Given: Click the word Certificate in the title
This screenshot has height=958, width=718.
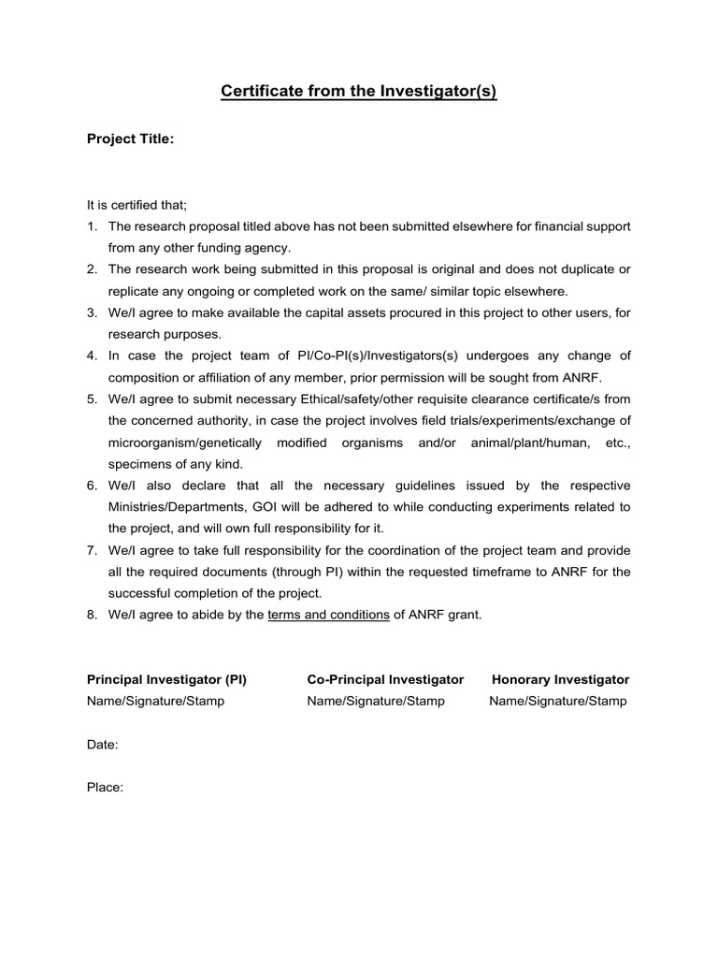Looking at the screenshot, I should coord(254,92).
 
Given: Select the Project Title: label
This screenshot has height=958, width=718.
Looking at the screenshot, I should coord(130,139).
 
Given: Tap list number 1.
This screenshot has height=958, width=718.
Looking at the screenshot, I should coord(92,226).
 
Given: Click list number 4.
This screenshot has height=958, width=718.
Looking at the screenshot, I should coord(92,356).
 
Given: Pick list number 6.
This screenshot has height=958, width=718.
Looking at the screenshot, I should coord(92,485).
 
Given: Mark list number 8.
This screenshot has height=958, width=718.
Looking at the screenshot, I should coord(92,614).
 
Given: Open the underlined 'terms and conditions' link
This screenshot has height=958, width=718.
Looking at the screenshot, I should coord(328,614).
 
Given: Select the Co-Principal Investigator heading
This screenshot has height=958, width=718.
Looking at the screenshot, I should coord(385,679).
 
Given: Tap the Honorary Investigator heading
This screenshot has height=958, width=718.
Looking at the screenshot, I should coord(560,679).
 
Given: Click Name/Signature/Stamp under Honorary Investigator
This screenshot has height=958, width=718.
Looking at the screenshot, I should coord(558,701).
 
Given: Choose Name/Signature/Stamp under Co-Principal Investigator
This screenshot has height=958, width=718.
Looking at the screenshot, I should coord(376,701).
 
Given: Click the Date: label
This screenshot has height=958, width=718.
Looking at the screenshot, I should coord(103,745).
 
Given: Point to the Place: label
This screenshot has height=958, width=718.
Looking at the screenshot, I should coord(105,788).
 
